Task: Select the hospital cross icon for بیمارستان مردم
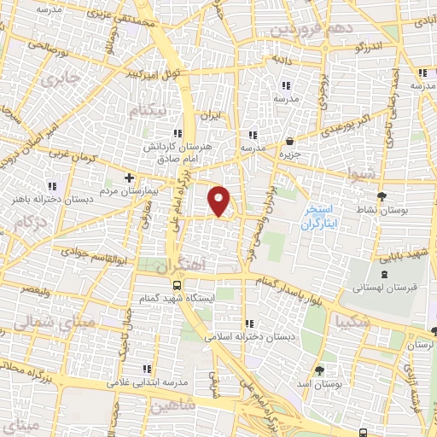[x=128, y=178]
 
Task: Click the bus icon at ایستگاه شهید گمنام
[x=176, y=285]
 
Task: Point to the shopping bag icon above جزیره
[x=291, y=142]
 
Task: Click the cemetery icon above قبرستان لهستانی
[x=383, y=274]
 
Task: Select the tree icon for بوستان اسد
[x=319, y=370]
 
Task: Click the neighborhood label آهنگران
[x=182, y=265]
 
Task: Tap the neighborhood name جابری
[x=57, y=82]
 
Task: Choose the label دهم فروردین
[x=311, y=28]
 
